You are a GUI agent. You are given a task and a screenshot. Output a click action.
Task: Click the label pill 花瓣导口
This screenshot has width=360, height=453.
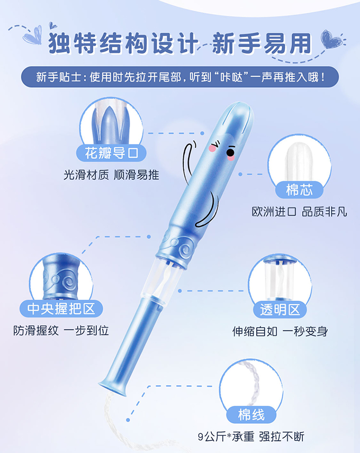click(x=111, y=153)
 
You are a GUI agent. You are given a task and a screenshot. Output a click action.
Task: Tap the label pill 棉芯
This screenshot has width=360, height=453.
click(x=299, y=190)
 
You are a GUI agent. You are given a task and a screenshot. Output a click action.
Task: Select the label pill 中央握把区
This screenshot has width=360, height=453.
click(x=61, y=308)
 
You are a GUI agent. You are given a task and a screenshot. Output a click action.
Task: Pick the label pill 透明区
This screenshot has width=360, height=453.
click(x=280, y=310)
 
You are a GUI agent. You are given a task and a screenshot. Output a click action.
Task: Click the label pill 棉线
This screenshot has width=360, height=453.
click(x=251, y=415)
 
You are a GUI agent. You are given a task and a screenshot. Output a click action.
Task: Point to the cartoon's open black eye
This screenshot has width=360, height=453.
click(x=230, y=152)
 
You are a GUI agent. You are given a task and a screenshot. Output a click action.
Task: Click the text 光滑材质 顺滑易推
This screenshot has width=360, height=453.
click(x=111, y=175)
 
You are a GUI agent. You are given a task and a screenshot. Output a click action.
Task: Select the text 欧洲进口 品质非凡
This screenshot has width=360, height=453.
click(x=300, y=212)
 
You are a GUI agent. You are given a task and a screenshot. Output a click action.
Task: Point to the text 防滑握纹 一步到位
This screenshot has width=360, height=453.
click(x=61, y=331)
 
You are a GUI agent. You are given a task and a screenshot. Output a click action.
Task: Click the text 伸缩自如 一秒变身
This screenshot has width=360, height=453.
click(x=280, y=331)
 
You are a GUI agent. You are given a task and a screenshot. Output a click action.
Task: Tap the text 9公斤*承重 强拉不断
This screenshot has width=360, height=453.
click(x=251, y=437)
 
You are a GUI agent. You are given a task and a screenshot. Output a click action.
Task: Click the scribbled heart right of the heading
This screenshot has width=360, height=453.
click(x=332, y=39)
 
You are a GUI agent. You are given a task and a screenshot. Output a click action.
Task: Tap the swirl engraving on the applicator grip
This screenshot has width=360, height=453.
click(x=184, y=249)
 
